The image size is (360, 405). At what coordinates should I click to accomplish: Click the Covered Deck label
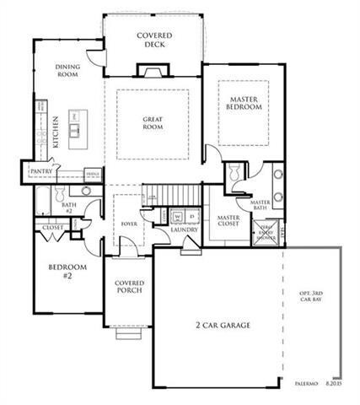pos(155,40)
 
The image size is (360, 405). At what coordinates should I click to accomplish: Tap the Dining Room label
pos(67,70)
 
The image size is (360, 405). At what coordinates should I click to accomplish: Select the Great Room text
pos(153,124)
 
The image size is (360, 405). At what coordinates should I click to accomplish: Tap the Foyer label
pos(129,224)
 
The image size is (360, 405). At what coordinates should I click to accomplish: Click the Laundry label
pos(184,229)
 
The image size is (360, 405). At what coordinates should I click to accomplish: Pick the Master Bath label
pos(260,206)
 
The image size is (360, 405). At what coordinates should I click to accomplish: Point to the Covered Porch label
pos(129,287)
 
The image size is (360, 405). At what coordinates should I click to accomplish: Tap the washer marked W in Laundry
pos(177,216)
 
